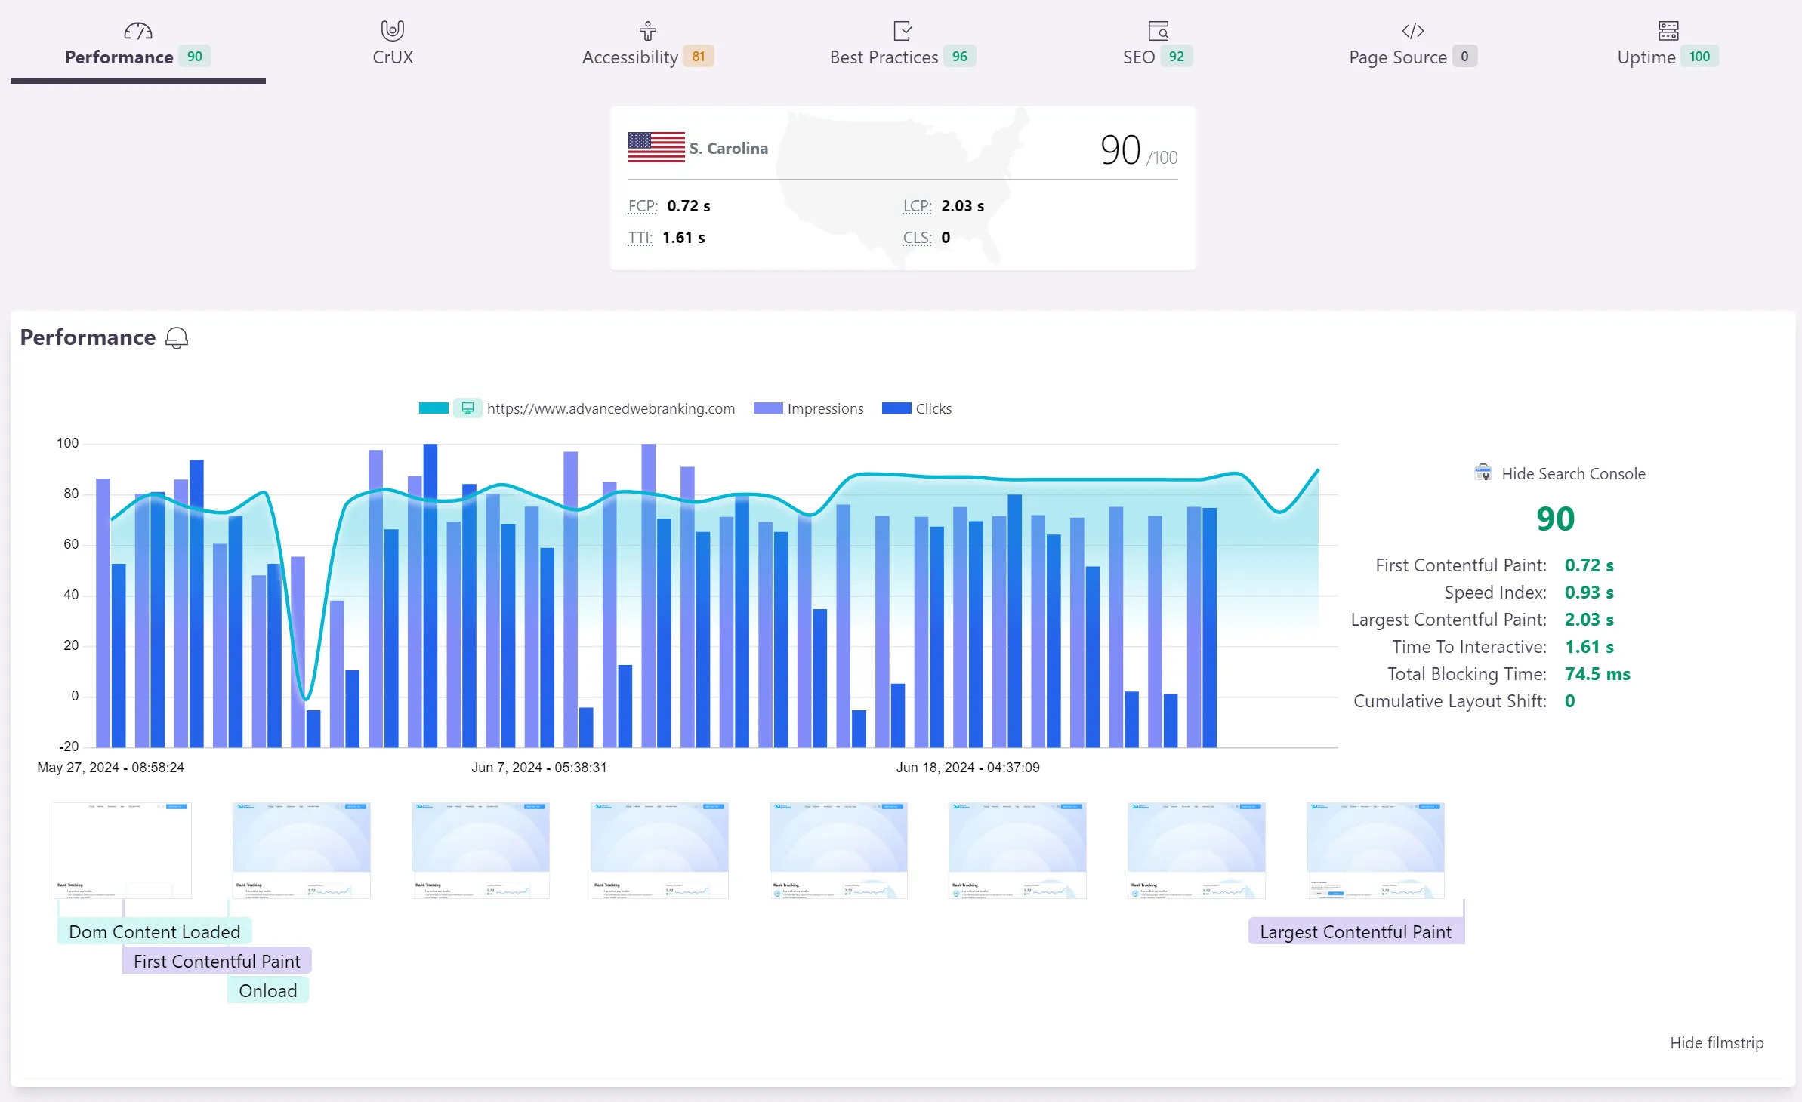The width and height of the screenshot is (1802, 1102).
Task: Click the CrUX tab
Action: [x=393, y=45]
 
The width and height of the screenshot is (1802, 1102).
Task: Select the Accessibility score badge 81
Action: [x=699, y=57]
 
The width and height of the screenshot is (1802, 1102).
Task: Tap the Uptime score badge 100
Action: [x=1699, y=57]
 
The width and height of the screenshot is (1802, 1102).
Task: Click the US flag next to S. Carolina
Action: [x=656, y=147]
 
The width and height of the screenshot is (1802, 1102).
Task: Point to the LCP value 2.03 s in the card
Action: [x=962, y=206]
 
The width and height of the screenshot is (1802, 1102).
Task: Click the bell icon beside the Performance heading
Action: [x=177, y=338]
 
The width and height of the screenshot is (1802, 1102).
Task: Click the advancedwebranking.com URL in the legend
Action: [x=610, y=408]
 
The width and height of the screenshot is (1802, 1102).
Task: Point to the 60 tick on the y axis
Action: [x=71, y=544]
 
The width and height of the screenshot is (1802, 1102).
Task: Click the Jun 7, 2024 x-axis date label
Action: [x=538, y=768]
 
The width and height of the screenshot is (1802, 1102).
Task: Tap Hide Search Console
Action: [x=1572, y=474]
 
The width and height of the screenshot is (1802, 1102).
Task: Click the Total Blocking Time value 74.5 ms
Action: [x=1597, y=674]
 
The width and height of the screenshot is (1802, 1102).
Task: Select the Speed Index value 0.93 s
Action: [x=1588, y=593]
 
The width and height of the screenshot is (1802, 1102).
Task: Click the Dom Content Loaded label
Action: [x=154, y=932]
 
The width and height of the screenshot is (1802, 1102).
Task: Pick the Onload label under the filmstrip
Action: [x=267, y=991]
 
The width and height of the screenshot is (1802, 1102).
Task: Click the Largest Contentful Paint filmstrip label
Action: [x=1355, y=932]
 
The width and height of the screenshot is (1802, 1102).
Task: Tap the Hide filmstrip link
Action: [x=1716, y=1043]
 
